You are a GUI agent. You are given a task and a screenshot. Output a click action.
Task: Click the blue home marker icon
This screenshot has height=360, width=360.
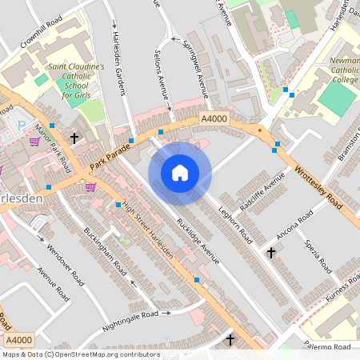pos(180,172)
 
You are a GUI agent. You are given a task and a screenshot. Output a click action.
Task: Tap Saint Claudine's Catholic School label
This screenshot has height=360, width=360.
pos(76,82)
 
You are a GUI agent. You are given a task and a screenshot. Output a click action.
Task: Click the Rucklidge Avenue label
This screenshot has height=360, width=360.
pos(198,241)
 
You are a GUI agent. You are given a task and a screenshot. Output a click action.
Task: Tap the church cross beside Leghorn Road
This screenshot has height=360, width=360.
pos(270,253)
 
